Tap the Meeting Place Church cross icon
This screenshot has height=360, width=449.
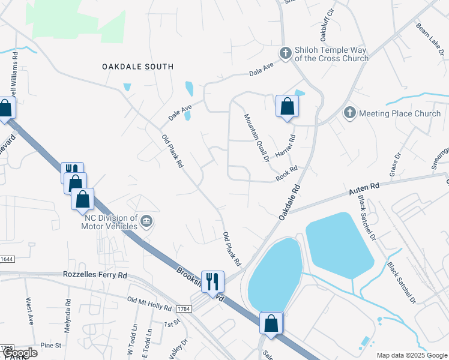[349, 113]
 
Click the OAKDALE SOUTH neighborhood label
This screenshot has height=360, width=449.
[137, 67]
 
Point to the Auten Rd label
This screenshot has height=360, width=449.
[365, 188]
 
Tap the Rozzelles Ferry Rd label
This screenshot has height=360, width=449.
[95, 275]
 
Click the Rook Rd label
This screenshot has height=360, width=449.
[287, 175]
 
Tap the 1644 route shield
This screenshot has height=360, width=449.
[5, 259]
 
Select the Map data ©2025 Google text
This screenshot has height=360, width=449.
[411, 355]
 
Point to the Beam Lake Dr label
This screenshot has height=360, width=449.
[430, 40]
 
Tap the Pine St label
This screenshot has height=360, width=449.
[50, 346]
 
